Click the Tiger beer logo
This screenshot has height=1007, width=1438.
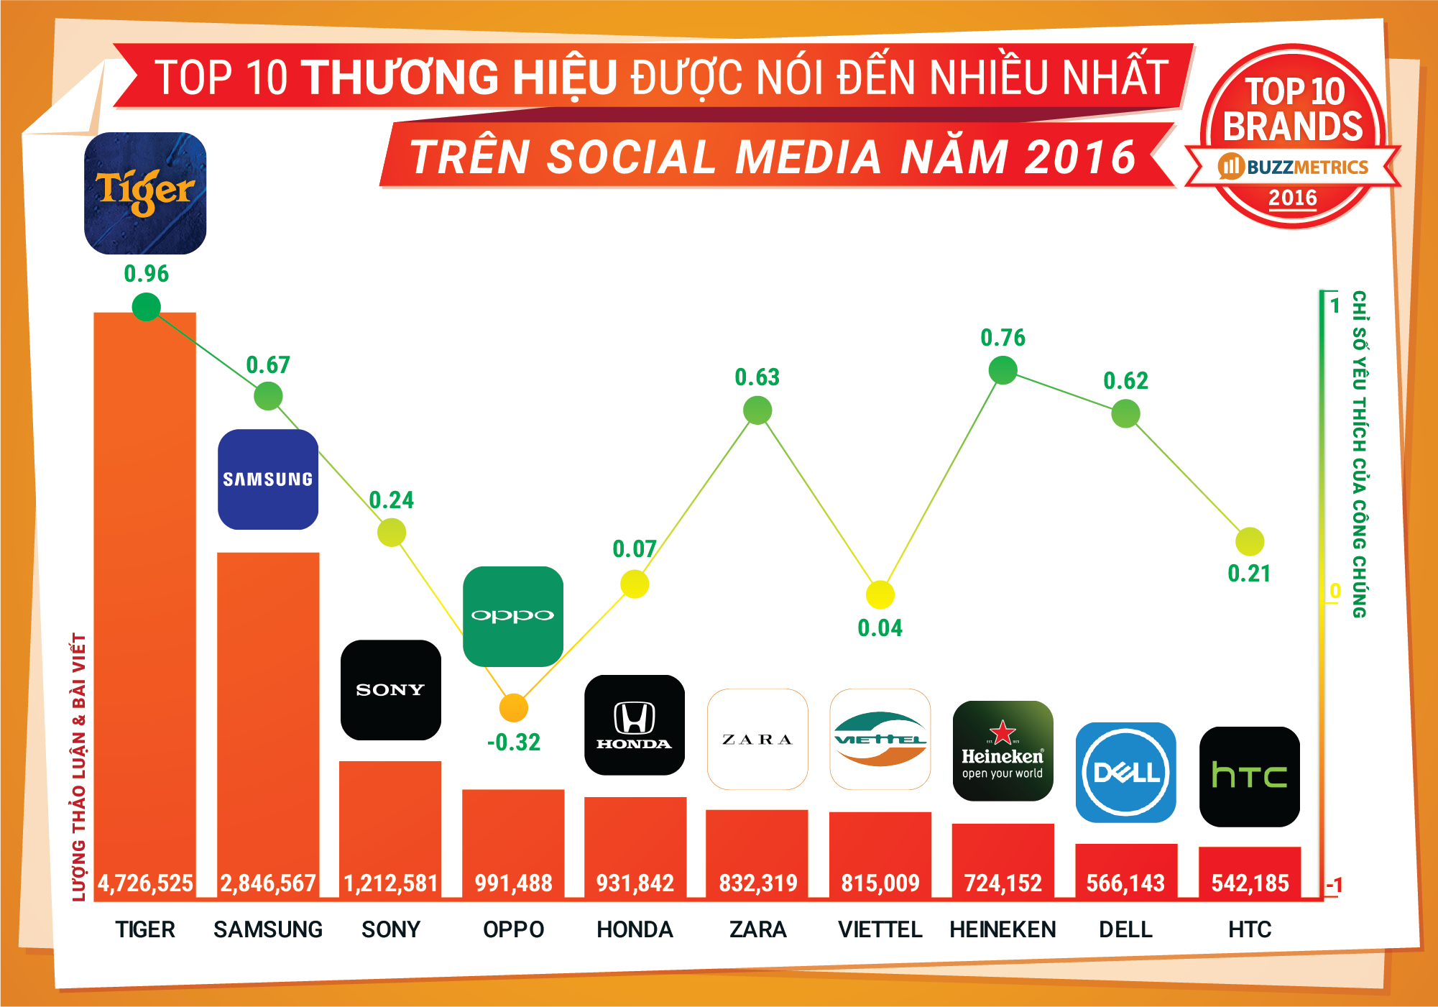(x=145, y=193)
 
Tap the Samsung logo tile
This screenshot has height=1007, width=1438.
(x=267, y=479)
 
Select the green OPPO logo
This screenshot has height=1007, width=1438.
(x=513, y=616)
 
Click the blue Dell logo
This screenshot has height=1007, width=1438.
(x=1125, y=773)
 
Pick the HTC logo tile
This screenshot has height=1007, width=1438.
(x=1249, y=776)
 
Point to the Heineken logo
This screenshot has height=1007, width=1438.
(x=1003, y=750)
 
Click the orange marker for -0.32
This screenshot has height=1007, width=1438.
(x=513, y=708)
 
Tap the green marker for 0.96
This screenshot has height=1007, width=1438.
(x=146, y=308)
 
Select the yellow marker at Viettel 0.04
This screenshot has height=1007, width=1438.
(x=880, y=595)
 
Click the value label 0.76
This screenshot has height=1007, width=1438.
(x=1003, y=338)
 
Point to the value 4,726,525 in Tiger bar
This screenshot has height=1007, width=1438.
(x=145, y=883)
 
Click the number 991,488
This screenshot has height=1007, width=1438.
(x=513, y=883)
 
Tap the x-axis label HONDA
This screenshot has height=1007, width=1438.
(x=635, y=929)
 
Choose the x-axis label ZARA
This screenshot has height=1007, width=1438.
(x=757, y=929)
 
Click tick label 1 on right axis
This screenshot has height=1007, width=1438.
(x=1335, y=305)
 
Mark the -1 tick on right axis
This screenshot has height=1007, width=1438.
(x=1334, y=885)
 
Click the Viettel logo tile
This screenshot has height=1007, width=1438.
(x=880, y=739)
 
